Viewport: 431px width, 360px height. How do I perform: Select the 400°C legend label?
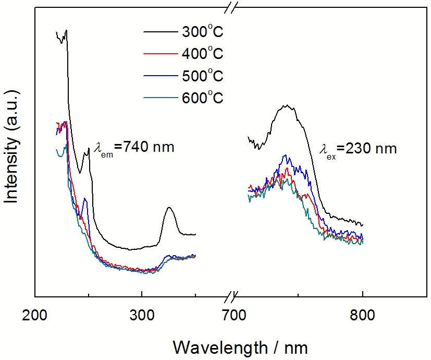click(x=203, y=54)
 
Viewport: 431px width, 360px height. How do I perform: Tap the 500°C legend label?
click(x=203, y=76)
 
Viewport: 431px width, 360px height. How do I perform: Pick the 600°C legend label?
click(x=203, y=98)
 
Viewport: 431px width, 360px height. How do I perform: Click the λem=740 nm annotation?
click(x=134, y=148)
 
